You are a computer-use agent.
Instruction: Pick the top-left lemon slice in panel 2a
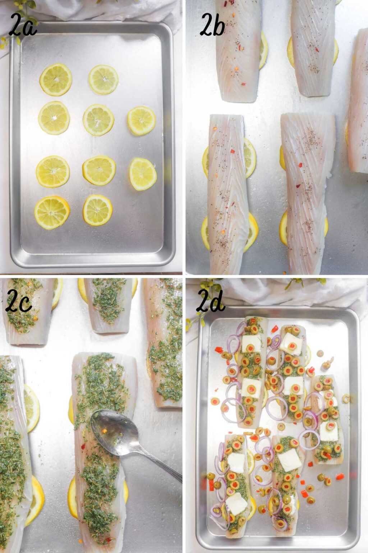[56, 80]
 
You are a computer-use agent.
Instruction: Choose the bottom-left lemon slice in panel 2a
[52, 213]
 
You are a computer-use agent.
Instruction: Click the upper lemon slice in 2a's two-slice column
[142, 121]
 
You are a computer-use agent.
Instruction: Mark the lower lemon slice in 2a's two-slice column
[143, 174]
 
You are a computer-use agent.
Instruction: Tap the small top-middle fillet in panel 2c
[108, 304]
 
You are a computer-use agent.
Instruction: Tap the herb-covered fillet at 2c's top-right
[164, 342]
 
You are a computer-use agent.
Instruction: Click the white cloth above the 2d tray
[287, 292]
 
